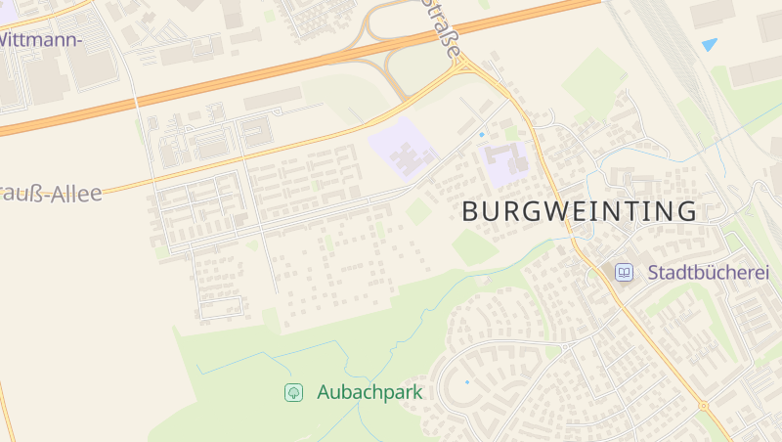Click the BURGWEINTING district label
pos(579,211)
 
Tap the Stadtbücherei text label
pos(709,273)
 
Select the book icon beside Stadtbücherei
pos(624,273)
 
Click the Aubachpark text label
pos(369,392)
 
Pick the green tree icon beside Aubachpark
pos(292,392)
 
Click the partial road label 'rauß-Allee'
pos(51,194)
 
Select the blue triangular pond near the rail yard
pos(709,44)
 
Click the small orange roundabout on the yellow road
pos(703,405)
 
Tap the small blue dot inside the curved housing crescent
pos(466,381)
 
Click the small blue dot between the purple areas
pos(481,134)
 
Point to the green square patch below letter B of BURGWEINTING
pos(475,246)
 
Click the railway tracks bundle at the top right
pos(674,39)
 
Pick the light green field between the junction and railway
pos(593,78)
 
